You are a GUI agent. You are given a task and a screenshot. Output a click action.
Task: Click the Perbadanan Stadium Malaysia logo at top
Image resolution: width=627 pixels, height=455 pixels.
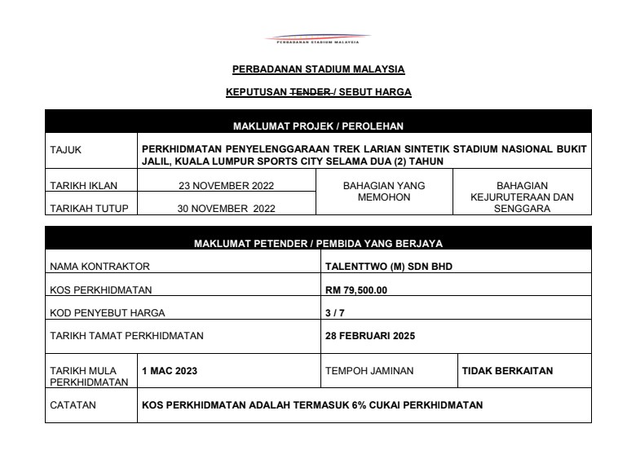tap(318, 38)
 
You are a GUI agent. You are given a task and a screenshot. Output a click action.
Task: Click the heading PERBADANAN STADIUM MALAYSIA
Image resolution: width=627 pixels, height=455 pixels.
tap(318, 69)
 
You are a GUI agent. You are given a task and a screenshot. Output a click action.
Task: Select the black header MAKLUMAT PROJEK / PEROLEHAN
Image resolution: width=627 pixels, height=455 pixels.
tap(318, 126)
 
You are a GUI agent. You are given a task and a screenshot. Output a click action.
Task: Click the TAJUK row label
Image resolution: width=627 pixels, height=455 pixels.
tap(66, 150)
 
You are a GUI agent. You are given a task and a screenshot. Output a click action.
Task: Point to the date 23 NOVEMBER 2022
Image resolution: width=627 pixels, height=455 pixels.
tap(227, 185)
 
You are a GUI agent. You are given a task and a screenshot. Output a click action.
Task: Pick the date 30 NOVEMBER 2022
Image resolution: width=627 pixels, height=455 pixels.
tap(227, 208)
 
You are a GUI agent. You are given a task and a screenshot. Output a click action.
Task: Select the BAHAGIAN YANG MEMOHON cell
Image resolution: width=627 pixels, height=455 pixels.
tap(384, 191)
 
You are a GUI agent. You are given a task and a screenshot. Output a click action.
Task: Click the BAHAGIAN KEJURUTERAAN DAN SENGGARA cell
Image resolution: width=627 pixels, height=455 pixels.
tap(522, 197)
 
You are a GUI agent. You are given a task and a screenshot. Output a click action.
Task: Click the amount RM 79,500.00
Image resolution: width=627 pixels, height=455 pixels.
tap(356, 289)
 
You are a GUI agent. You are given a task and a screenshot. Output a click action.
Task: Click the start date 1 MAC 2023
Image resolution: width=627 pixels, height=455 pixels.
tap(170, 371)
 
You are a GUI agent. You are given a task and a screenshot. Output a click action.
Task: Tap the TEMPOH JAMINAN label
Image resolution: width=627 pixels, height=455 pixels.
tap(369, 371)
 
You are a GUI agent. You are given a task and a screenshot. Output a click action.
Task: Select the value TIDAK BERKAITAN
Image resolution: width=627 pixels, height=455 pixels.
tap(507, 371)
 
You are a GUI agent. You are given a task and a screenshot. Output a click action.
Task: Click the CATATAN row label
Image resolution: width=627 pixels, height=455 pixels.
tap(73, 404)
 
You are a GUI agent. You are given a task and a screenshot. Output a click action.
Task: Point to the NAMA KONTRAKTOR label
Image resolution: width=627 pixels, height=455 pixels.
tap(99, 266)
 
